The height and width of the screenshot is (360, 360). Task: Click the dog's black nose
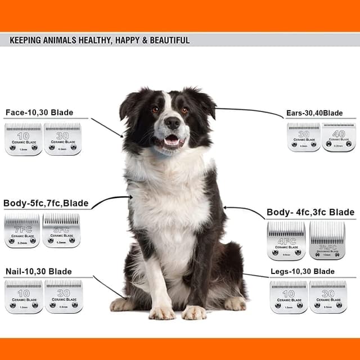pyautogui.click(x=172, y=122)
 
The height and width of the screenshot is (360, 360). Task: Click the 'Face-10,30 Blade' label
pyautogui.click(x=39, y=112)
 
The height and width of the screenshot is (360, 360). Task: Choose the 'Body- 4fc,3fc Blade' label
pyautogui.click(x=310, y=212)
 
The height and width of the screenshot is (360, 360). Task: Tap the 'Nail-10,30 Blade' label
pyautogui.click(x=38, y=272)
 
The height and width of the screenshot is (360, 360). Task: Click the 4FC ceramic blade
pyautogui.click(x=286, y=240)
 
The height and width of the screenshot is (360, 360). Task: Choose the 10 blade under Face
pyautogui.click(x=24, y=139)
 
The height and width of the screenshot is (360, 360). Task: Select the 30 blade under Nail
pyautogui.click(x=64, y=296)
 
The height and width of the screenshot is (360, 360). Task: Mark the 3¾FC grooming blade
pyautogui.click(x=327, y=240)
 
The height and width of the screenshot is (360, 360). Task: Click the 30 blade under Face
pyautogui.click(x=62, y=139)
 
